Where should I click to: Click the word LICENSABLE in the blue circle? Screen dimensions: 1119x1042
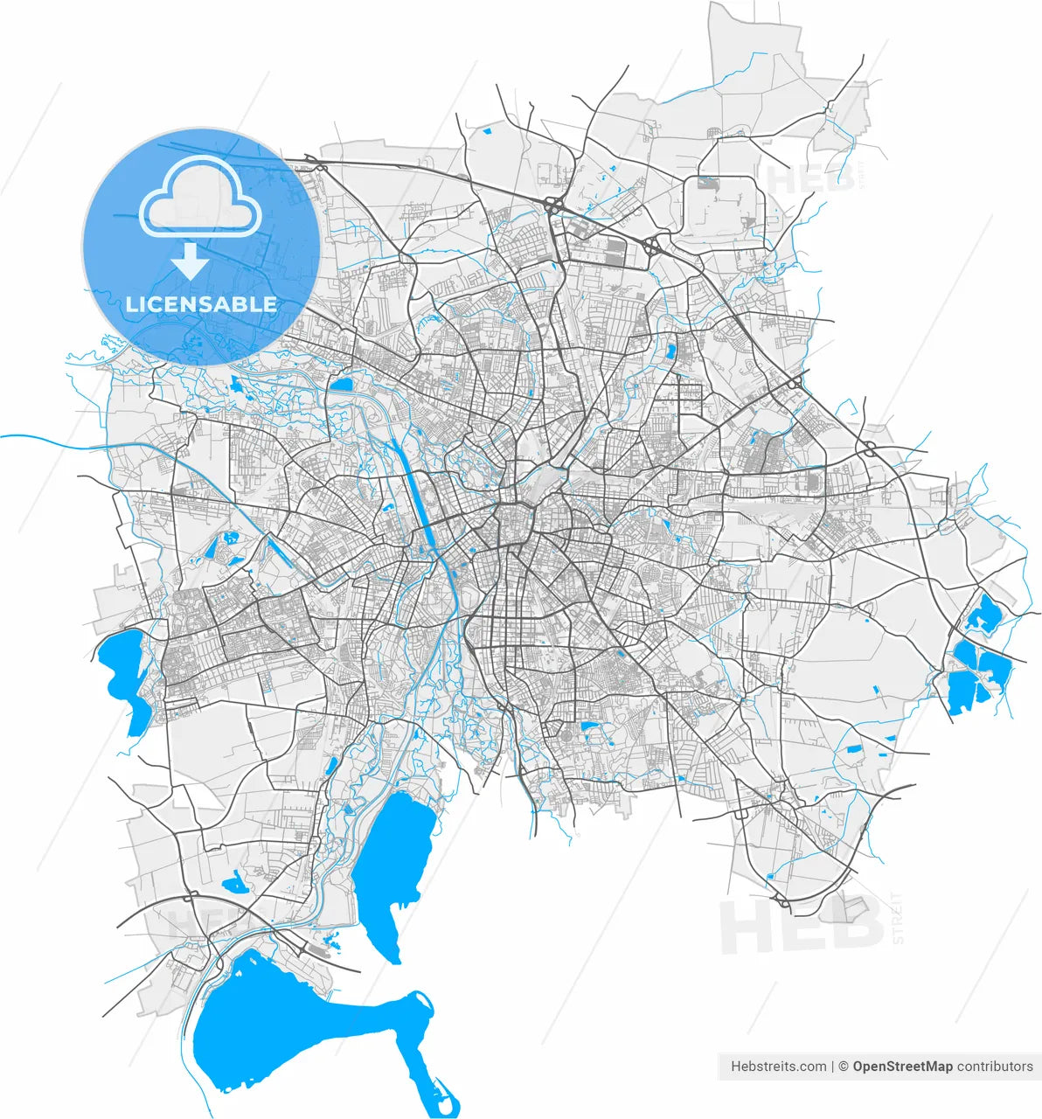click(201, 304)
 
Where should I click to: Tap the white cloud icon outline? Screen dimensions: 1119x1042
click(201, 199)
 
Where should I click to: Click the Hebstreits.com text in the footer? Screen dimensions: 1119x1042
click(778, 1067)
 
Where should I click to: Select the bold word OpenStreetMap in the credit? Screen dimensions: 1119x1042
click(902, 1067)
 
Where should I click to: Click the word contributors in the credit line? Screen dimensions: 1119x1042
click(995, 1067)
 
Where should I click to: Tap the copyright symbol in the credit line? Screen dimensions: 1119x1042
click(843, 1067)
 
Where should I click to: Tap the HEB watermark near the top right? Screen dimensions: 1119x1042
click(809, 179)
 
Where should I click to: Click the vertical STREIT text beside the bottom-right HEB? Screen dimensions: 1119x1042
click(898, 918)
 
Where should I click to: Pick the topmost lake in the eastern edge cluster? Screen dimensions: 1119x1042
click(986, 614)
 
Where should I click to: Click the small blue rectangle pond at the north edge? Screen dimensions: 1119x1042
click(487, 131)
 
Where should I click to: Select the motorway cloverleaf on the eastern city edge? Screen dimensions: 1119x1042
click(870, 448)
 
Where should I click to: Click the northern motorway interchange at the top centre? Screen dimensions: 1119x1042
click(553, 205)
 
